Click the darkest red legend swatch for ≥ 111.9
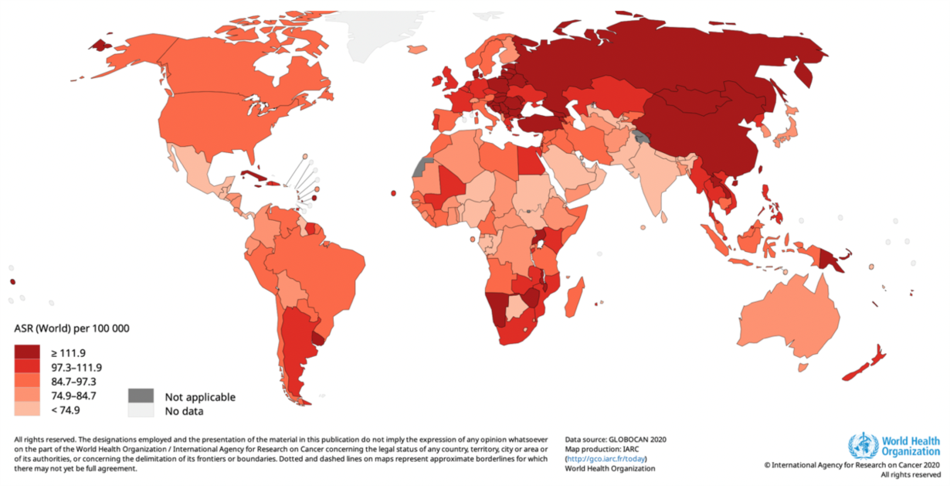(x=27, y=352)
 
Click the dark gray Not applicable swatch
(x=141, y=396)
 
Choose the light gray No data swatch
(x=141, y=410)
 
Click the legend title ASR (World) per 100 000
(x=71, y=328)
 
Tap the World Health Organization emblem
(x=863, y=446)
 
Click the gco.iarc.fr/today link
(x=607, y=458)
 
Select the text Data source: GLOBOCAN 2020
(x=616, y=439)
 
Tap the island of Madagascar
(x=573, y=297)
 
